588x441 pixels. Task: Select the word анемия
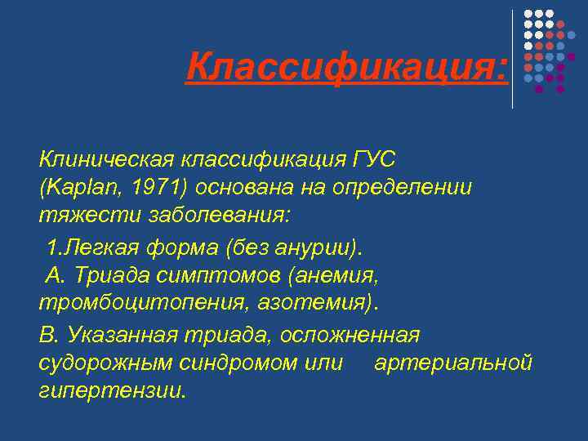click(x=331, y=275)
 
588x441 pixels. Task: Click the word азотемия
click(x=310, y=304)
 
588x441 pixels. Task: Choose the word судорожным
click(x=103, y=363)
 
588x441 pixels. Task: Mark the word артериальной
click(x=452, y=363)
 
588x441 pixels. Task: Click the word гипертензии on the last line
click(x=112, y=391)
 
